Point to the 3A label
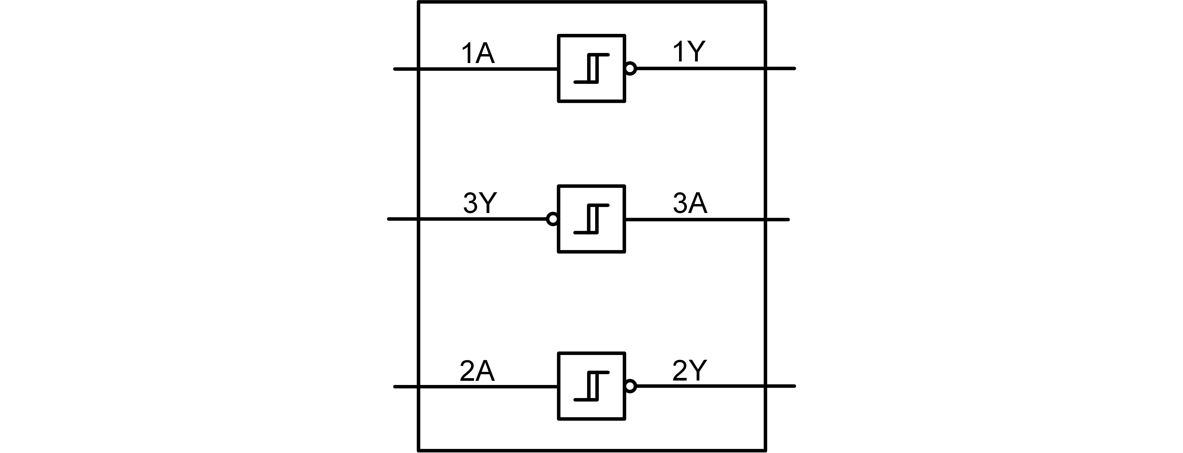[690, 203]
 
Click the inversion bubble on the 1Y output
[630, 69]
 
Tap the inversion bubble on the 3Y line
[553, 219]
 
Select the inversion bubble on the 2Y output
[630, 387]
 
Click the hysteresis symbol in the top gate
[591, 68]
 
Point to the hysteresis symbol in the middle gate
[591, 219]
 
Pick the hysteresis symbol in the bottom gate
[591, 387]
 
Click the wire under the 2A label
[477, 387]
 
